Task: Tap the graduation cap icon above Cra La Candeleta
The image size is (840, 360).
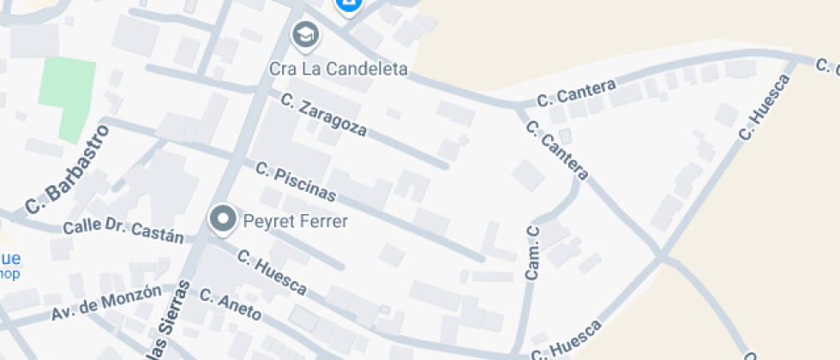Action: point(304,35)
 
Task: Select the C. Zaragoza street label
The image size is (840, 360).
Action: point(324,115)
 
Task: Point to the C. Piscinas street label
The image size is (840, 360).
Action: point(294,182)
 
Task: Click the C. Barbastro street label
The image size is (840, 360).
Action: point(69,169)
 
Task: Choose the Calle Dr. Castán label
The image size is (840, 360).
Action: point(123,231)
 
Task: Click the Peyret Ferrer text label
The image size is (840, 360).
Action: point(296,222)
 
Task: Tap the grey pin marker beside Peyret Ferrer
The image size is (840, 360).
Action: point(224,219)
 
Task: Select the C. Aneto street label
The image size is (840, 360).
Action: point(230,304)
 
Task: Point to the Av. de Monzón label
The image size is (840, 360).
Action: point(105,303)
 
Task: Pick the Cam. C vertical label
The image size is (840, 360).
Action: point(532,254)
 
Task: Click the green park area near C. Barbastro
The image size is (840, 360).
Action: point(66,99)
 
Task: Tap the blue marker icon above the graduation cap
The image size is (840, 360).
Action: point(348,6)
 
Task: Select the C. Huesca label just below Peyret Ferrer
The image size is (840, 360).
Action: point(272,273)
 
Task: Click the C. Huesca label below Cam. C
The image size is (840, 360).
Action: point(567,341)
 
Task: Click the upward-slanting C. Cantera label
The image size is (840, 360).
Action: point(577,93)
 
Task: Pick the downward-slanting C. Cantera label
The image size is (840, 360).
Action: point(557,151)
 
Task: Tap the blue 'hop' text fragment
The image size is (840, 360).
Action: point(9,274)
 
